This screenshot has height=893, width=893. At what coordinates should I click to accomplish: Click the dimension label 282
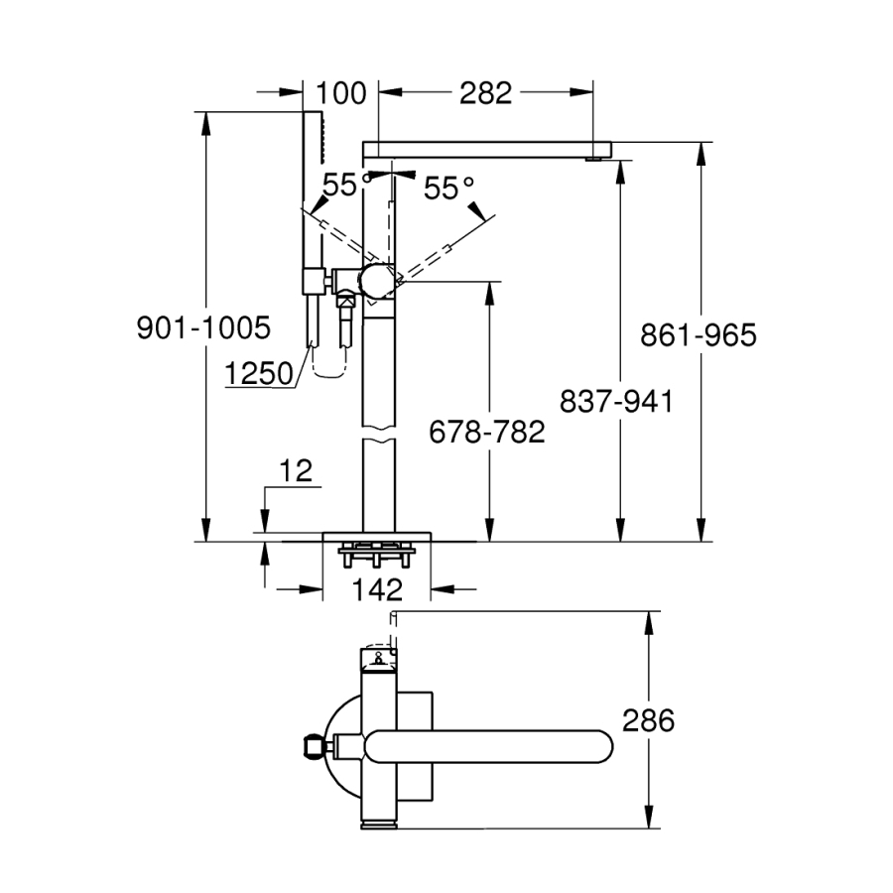[x=485, y=93]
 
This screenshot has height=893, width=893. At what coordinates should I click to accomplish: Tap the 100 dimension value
[x=341, y=93]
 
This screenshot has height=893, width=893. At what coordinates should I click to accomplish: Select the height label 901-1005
[x=203, y=327]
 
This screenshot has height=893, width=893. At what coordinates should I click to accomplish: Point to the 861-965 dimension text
[x=698, y=335]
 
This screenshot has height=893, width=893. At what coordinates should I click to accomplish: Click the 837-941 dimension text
[x=616, y=401]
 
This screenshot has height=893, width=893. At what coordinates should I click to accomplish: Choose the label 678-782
[x=487, y=432]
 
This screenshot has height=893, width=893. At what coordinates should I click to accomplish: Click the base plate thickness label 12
[x=297, y=471]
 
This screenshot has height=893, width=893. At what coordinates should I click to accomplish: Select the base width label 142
[x=377, y=589]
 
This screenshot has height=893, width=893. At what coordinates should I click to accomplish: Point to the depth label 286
[x=648, y=720]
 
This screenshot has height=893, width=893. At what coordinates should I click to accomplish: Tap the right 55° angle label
[x=449, y=188]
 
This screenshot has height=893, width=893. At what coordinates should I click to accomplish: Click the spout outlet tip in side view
[x=594, y=157]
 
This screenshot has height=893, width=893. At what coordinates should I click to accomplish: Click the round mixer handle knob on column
[x=378, y=281]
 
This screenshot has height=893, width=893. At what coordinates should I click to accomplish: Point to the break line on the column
[x=378, y=435]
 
